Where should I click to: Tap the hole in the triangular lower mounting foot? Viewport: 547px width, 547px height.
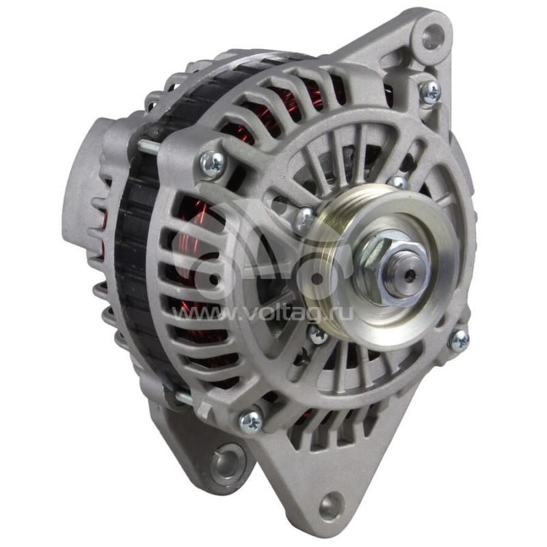click(331, 504)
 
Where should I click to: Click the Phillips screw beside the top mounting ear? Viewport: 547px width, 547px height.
click(430, 92)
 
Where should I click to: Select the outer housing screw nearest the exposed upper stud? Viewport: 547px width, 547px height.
click(212, 163)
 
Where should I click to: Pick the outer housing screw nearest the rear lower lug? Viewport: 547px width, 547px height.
click(250, 421)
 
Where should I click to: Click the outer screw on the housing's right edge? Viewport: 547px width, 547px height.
click(458, 340)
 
